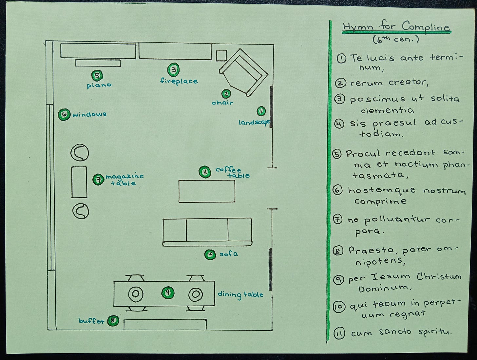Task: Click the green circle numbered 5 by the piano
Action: point(97,76)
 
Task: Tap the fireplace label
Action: point(179,81)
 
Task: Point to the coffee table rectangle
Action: point(207,191)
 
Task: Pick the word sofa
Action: point(229,254)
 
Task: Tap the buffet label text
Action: point(91,321)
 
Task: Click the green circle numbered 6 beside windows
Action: point(64,114)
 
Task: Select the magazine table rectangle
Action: point(79,182)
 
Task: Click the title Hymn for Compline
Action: point(396,27)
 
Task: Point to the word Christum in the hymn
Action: point(439,276)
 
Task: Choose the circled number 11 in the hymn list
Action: point(339,334)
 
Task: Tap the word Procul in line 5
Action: point(363,153)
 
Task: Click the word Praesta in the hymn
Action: point(371,251)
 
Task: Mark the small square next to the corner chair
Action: point(221,56)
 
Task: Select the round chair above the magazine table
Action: point(80,153)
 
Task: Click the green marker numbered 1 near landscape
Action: point(261,111)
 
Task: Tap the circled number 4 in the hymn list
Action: point(340,124)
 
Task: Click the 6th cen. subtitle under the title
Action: point(396,40)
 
